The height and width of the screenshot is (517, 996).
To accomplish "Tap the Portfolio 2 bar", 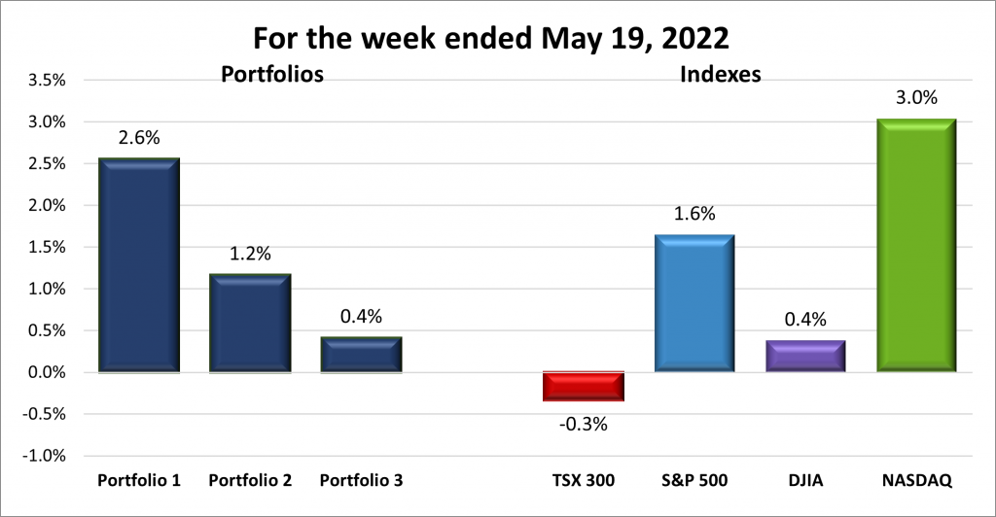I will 250,323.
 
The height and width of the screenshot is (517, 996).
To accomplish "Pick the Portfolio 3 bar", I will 361,355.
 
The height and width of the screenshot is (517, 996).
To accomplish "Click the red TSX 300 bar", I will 583,386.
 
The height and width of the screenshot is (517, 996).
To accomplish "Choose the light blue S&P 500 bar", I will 694,303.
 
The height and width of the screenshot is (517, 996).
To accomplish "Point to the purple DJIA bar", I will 804,356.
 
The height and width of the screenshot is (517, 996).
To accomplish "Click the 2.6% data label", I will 138,139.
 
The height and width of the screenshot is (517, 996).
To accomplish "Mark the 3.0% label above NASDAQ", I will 915,98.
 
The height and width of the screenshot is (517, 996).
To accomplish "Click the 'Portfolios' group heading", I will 271,74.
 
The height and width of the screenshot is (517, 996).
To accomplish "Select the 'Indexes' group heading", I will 720,74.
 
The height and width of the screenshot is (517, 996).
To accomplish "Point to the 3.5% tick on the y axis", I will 46,81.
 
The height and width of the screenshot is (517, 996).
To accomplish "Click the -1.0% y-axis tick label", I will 44,456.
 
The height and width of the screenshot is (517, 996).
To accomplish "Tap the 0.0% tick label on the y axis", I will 46,372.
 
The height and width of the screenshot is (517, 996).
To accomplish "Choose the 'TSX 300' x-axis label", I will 583,481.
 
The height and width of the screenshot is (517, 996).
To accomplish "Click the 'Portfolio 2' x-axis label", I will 250,481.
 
